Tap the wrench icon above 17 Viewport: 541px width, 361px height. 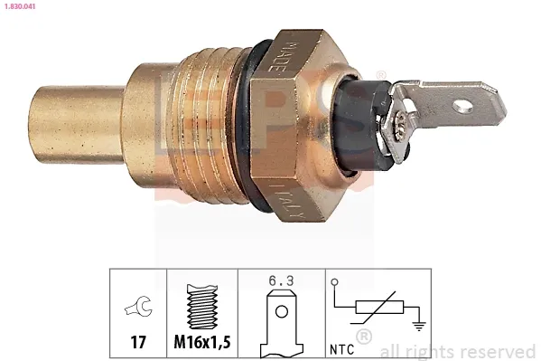(138, 308)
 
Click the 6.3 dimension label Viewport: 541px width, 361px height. (282, 280)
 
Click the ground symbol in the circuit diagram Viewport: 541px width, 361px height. (418, 328)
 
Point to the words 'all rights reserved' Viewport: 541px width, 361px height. (458, 351)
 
